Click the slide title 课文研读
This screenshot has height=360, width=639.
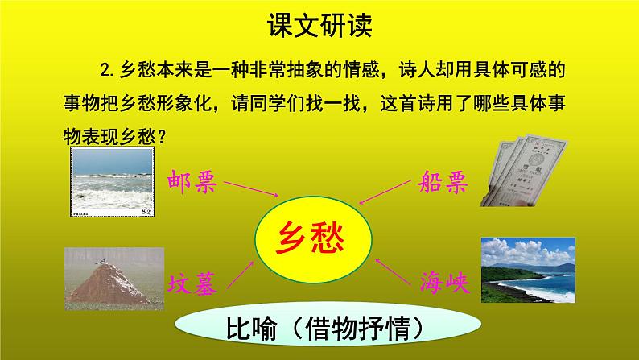click(319, 27)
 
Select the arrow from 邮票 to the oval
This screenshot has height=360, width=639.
click(251, 189)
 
